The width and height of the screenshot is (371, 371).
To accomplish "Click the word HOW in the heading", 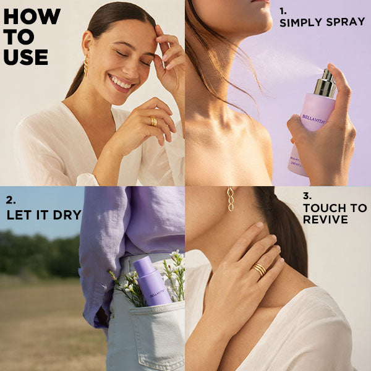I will tap(32, 17).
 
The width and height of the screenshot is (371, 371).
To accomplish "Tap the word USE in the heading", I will tap(25, 56).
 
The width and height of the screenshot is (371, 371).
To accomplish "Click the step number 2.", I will tap(10, 200).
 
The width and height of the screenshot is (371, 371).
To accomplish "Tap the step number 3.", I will tap(307, 195).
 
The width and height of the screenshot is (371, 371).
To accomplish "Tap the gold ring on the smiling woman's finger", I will tap(153, 121).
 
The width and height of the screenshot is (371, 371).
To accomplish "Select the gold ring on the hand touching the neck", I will tap(258, 269).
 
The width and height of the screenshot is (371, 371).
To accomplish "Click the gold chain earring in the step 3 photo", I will tap(231, 199).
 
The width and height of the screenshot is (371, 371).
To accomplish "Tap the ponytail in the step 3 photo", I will tap(285, 235).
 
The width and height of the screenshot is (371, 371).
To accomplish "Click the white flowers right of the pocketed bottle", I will tap(176, 272).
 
